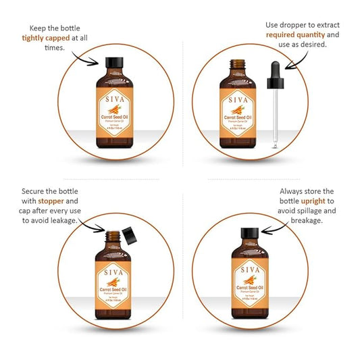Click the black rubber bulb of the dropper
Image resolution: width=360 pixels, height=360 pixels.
(x=276, y=76)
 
